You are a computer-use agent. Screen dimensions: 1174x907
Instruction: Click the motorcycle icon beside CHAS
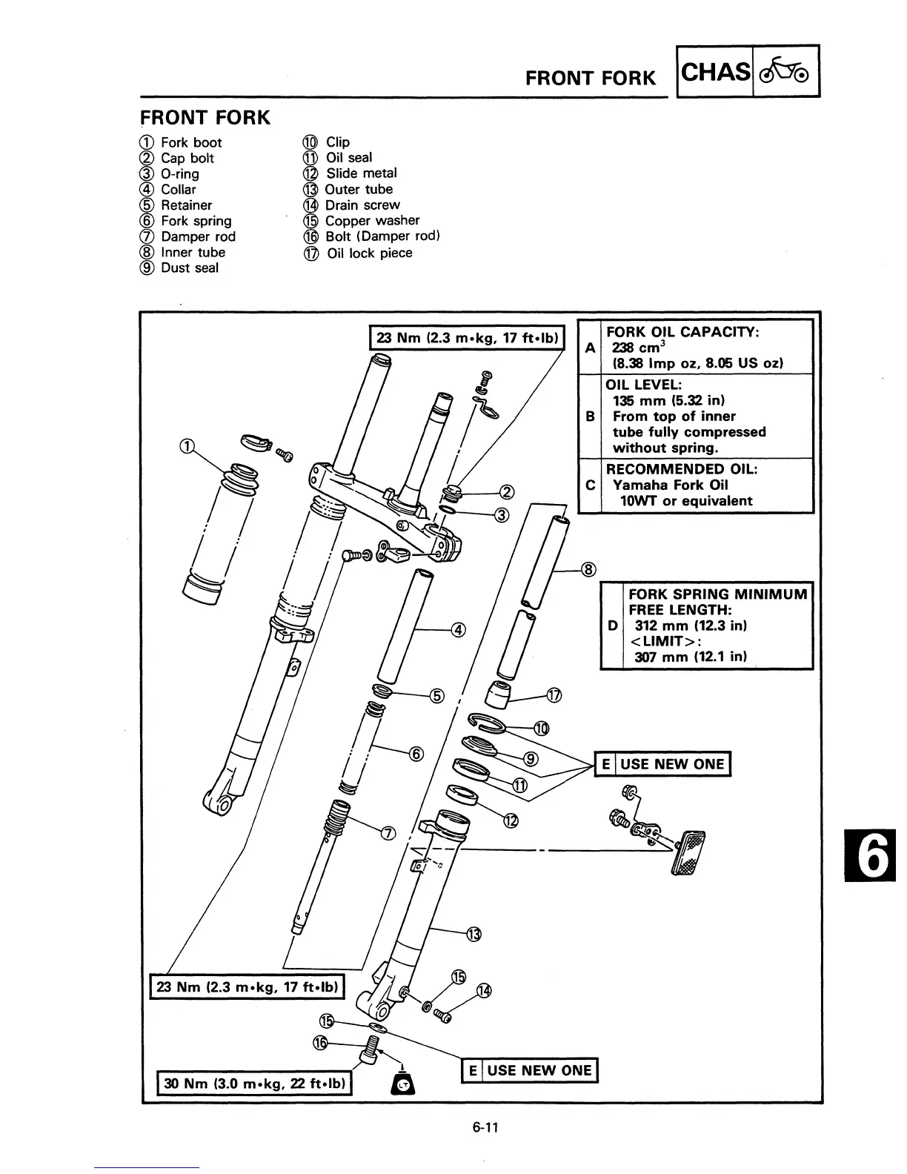tap(786, 72)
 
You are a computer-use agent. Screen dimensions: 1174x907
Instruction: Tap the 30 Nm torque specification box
tap(254, 1083)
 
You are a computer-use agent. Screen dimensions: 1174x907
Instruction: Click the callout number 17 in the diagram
tap(554, 695)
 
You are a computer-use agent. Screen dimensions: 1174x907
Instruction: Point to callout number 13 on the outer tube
tap(474, 934)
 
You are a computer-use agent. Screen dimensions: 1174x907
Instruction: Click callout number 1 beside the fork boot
tap(188, 445)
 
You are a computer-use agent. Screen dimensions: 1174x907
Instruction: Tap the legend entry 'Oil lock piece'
tap(369, 253)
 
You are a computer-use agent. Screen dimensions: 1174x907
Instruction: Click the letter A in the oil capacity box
tap(590, 347)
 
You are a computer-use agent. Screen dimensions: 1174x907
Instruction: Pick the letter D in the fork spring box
tap(612, 626)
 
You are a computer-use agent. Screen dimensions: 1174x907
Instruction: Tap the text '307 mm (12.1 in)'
tap(691, 657)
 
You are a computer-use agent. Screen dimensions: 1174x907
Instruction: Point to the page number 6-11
tap(485, 1127)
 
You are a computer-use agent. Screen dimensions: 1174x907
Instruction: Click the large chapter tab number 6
tap(874, 857)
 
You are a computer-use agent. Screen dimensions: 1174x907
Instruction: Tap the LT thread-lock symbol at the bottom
tap(404, 1084)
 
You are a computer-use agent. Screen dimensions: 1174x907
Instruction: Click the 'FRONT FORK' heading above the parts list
tap(205, 118)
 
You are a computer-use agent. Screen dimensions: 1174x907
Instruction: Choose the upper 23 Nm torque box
tap(468, 338)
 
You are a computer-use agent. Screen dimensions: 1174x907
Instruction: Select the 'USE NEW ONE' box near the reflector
tap(663, 764)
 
